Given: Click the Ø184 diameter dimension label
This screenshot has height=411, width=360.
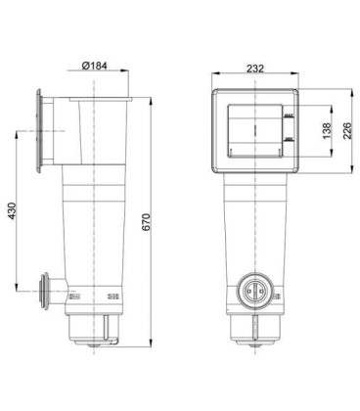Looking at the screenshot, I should pyautogui.click(x=95, y=67).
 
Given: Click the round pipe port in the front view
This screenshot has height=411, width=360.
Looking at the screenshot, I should pyautogui.click(x=252, y=290).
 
